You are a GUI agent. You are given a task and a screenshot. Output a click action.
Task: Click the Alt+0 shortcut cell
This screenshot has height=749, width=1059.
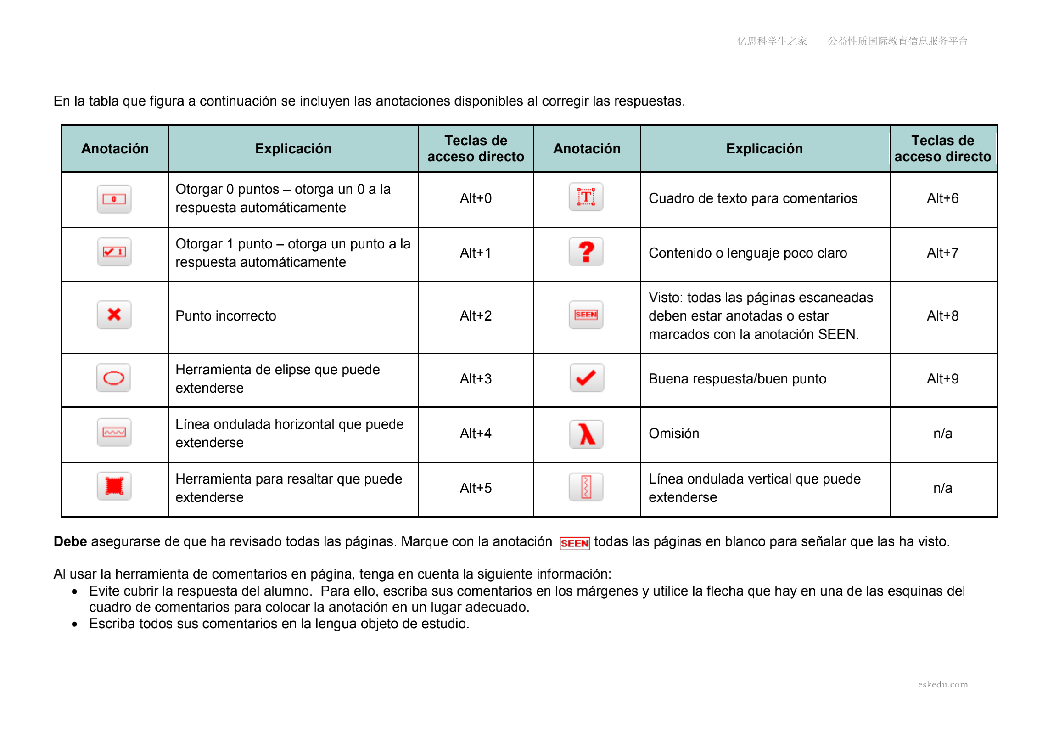(x=476, y=198)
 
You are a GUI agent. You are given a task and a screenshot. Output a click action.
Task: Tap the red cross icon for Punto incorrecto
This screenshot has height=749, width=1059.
(x=114, y=315)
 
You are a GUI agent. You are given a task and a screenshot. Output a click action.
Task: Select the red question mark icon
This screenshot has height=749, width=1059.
(x=586, y=252)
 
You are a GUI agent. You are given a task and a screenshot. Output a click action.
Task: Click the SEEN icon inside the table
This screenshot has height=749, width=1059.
(x=586, y=315)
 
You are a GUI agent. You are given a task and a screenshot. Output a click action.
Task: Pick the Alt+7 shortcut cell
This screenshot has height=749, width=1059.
(x=942, y=253)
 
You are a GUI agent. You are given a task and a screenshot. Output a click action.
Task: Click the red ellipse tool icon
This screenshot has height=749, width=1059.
(x=114, y=378)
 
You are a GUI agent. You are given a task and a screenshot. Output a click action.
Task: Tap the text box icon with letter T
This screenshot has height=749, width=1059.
(x=586, y=197)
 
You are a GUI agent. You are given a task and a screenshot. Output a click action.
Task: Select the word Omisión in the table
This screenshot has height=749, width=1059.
(x=673, y=434)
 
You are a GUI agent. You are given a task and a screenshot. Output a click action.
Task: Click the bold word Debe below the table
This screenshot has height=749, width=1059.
(x=70, y=541)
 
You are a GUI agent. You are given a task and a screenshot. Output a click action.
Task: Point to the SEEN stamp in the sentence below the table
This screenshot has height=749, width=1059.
(x=574, y=543)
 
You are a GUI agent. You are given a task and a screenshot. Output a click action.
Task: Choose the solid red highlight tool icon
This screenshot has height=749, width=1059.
(x=114, y=486)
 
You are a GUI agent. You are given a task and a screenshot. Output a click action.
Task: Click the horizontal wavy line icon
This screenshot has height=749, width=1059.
(x=114, y=433)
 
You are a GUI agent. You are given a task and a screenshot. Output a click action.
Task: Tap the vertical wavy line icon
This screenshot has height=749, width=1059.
(x=586, y=487)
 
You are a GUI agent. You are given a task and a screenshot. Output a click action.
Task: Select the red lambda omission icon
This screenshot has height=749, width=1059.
(x=586, y=434)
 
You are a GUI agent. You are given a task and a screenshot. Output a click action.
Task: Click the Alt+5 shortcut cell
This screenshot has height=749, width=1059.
(x=476, y=488)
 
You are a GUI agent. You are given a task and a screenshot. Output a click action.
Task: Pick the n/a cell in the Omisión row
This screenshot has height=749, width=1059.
(x=942, y=434)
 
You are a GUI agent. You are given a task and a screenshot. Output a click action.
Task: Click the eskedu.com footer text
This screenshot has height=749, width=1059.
(x=942, y=684)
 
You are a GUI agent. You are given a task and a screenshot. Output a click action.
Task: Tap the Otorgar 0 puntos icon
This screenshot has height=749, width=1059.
(x=114, y=199)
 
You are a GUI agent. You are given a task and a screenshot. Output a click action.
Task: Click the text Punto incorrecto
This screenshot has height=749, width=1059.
(x=225, y=315)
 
